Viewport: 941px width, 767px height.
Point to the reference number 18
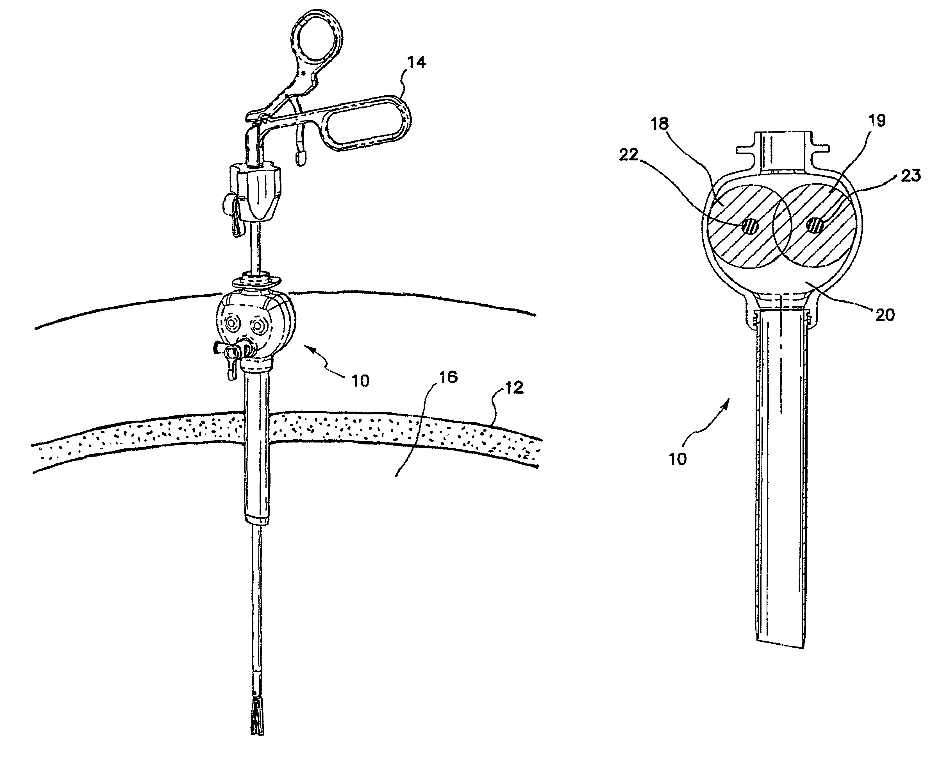tap(659, 124)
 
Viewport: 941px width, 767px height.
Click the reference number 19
tap(877, 121)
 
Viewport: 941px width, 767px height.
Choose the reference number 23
tap(910, 176)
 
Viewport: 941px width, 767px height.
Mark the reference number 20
tap(885, 315)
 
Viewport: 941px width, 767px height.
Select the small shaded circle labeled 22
tap(750, 227)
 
